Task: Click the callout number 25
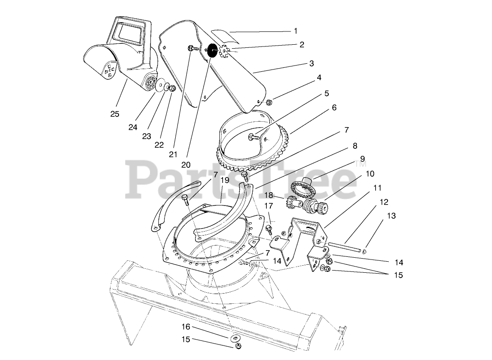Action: pos(115,114)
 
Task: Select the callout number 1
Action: pos(296,31)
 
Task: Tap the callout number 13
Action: pos(391,216)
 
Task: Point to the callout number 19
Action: pos(225,180)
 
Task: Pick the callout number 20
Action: pos(186,164)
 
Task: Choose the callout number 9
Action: pos(362,159)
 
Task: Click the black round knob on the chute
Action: pos(212,50)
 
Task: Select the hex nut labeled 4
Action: pos(269,103)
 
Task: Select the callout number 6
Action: pos(334,108)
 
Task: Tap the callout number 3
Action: pos(311,64)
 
